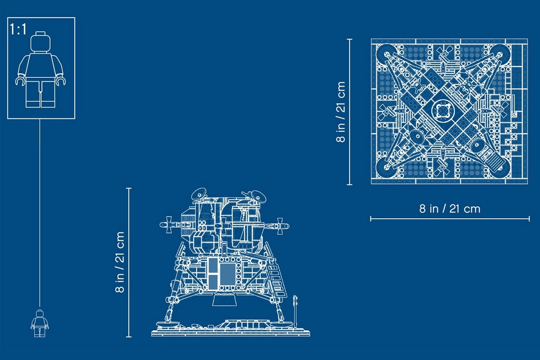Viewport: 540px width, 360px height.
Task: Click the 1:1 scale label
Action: tap(18, 30)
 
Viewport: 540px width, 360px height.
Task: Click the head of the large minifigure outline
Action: tap(40, 42)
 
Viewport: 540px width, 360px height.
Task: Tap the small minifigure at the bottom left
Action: tap(40, 323)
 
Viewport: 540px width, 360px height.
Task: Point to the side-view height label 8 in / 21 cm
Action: tap(120, 263)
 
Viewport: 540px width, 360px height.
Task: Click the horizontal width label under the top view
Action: tap(450, 209)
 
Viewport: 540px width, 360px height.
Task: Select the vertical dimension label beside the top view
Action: tap(341, 112)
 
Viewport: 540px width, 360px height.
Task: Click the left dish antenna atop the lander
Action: tap(199, 194)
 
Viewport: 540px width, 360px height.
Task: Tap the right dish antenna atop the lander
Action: tap(257, 196)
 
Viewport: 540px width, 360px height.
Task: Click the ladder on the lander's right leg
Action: tap(277, 280)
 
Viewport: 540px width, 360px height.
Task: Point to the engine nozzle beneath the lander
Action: tap(224, 300)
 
